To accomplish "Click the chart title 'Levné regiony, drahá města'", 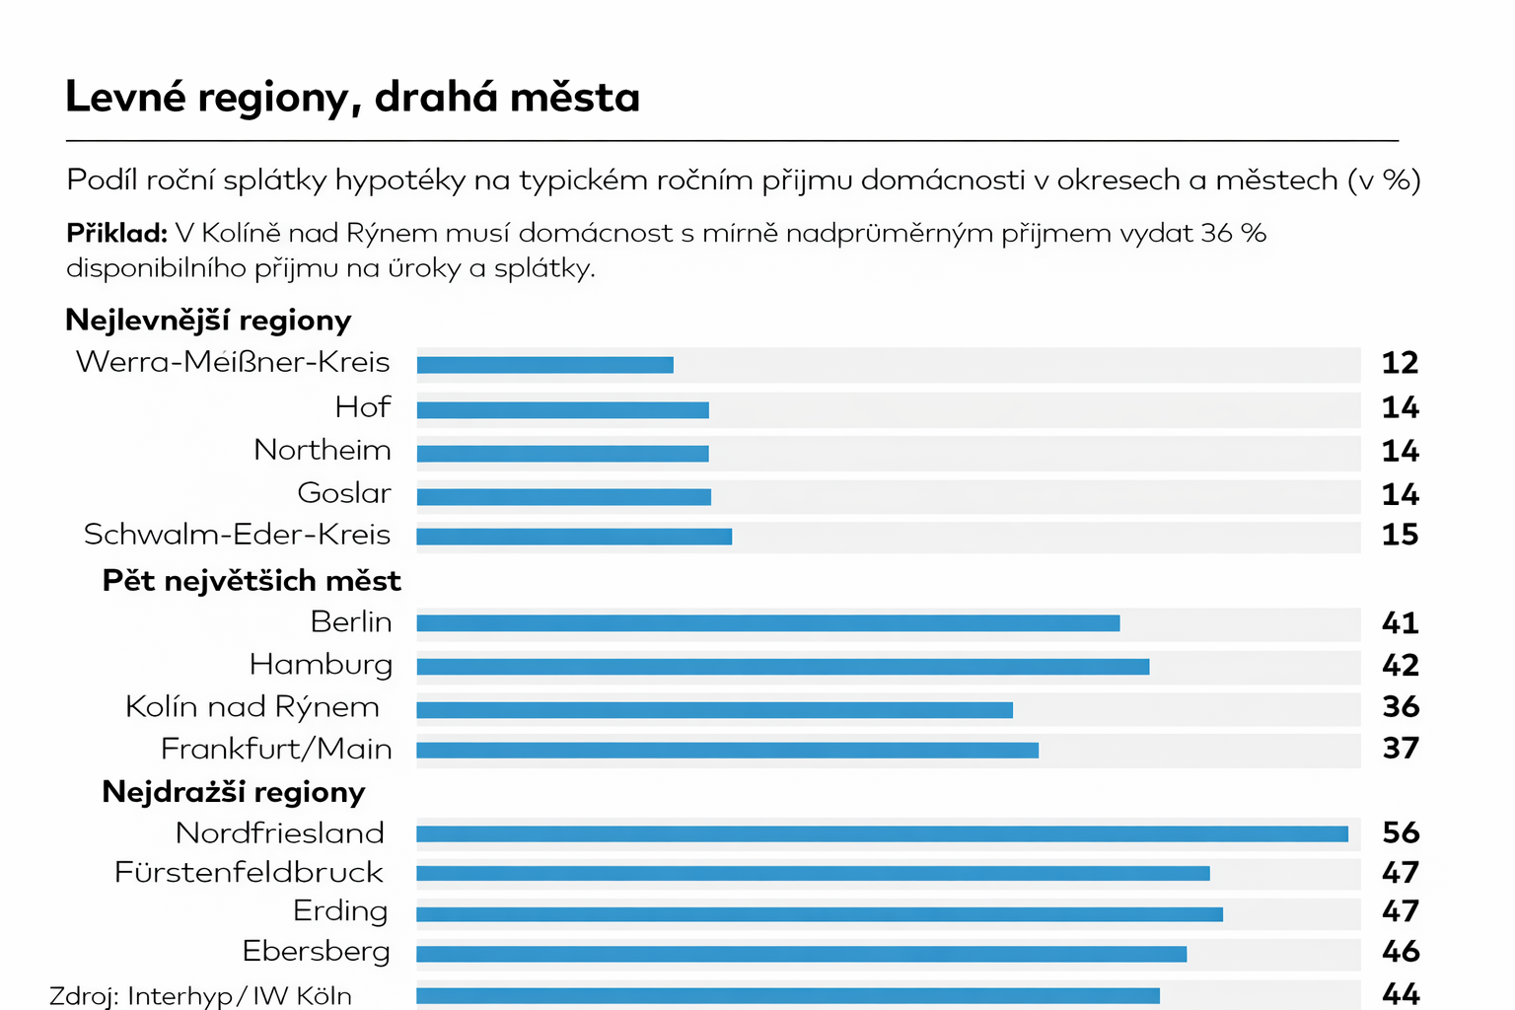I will point(352,98).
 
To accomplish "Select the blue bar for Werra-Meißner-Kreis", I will point(544,365).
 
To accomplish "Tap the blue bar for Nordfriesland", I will point(882,834).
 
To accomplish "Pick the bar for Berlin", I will point(767,623).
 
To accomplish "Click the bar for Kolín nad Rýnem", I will point(714,710).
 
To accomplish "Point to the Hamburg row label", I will point(321,665).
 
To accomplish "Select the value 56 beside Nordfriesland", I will point(1401,832).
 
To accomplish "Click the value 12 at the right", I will point(1400,363).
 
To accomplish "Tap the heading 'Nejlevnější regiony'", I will point(208,321).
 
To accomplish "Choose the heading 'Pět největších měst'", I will point(252,581).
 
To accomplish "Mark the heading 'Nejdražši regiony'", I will point(233,792).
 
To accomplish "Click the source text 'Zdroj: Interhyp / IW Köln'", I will point(200,996).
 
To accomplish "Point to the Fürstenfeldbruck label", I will point(249,873).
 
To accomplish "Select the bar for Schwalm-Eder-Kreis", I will point(574,537).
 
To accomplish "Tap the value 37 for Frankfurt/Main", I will point(1401,749).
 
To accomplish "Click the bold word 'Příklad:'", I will point(116,234).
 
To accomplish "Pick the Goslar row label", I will point(344,493).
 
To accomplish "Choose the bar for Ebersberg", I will point(801,955).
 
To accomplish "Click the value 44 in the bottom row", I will point(1401,993).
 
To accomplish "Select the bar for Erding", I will point(819,914).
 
